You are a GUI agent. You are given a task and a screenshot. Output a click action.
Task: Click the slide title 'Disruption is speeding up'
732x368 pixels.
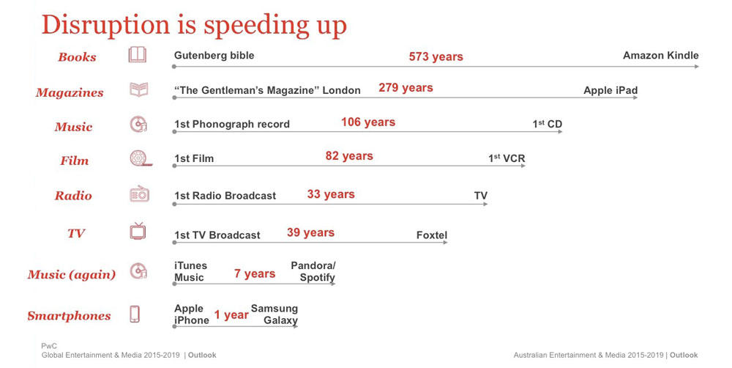pyautogui.click(x=194, y=26)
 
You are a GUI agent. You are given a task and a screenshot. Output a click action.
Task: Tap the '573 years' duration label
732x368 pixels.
pyautogui.click(x=436, y=56)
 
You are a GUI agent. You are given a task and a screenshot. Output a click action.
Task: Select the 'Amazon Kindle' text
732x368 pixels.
pyautogui.click(x=660, y=55)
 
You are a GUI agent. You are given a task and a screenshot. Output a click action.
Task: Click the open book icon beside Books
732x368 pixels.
pyautogui.click(x=138, y=55)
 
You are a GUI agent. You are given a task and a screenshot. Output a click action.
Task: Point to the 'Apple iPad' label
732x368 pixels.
pyautogui.click(x=610, y=90)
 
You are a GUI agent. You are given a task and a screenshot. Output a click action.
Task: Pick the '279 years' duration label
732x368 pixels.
pyautogui.click(x=406, y=88)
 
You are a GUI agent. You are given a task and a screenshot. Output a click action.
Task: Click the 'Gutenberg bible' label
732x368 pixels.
pyautogui.click(x=214, y=55)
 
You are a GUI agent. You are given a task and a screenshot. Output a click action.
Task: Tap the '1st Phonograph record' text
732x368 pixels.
pyautogui.click(x=232, y=125)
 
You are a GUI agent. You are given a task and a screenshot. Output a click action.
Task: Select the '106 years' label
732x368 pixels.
pyautogui.click(x=368, y=122)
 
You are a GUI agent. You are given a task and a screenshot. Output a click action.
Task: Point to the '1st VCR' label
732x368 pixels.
pyautogui.click(x=507, y=158)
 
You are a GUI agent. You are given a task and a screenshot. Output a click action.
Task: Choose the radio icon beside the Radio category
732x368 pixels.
pyautogui.click(x=139, y=193)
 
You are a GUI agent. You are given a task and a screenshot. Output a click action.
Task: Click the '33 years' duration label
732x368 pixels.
pyautogui.click(x=331, y=194)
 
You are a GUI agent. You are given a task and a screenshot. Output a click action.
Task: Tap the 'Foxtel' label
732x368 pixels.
pyautogui.click(x=432, y=235)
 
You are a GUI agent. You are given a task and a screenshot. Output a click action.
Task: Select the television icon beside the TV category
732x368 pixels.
pyautogui.click(x=138, y=231)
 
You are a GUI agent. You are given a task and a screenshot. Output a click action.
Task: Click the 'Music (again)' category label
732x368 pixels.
pyautogui.click(x=72, y=274)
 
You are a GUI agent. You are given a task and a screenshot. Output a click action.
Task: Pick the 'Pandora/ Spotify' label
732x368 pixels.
pyautogui.click(x=313, y=271)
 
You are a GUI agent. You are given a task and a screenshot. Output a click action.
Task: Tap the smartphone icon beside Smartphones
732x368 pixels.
pyautogui.click(x=135, y=314)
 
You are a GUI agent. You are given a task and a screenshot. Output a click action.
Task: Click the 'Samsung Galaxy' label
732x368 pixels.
pyautogui.click(x=274, y=314)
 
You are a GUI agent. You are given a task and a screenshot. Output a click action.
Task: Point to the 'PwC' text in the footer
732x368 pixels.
pyautogui.click(x=49, y=346)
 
